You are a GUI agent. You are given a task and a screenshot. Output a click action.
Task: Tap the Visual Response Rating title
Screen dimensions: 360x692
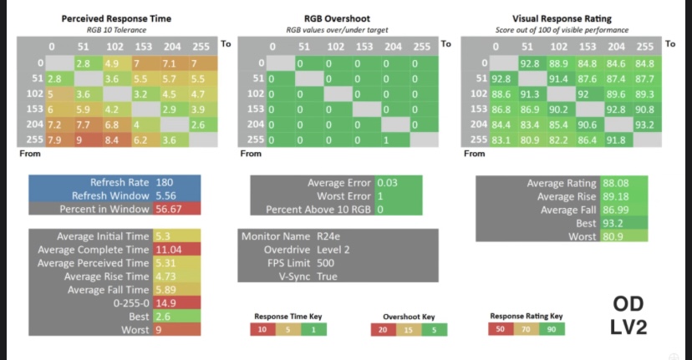click(x=561, y=18)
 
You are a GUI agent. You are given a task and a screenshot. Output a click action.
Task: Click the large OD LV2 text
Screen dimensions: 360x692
click(x=628, y=315)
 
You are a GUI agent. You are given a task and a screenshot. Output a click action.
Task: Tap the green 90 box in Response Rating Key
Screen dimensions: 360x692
click(x=551, y=329)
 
